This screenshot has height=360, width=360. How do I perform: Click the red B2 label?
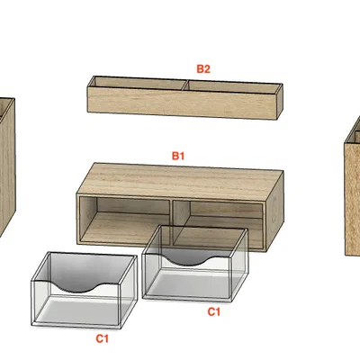click(x=203, y=69)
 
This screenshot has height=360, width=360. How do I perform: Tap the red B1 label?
click(x=178, y=156)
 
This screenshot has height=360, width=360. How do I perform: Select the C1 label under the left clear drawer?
click(x=102, y=338)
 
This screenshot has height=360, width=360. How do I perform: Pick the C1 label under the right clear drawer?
click(x=214, y=311)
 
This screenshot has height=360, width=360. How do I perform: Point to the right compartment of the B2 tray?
click(x=232, y=86)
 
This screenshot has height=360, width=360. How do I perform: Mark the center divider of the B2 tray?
click(x=185, y=85)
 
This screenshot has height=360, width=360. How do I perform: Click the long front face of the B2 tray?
click(x=182, y=103)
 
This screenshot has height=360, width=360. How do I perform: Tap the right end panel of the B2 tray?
click(x=280, y=101)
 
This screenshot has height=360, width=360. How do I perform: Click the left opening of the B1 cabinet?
click(x=124, y=220)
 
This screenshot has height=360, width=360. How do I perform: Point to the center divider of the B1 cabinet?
click(x=172, y=222)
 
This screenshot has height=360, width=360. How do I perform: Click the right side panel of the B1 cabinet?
click(x=274, y=211)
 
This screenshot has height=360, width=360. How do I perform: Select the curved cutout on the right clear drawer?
click(x=189, y=260)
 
